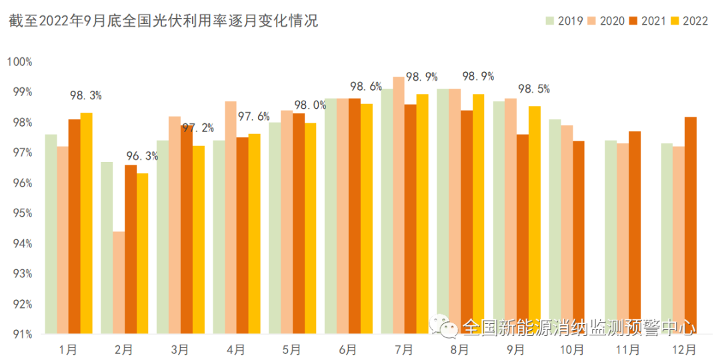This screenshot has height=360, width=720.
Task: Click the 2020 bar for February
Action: pyautogui.click(x=119, y=282)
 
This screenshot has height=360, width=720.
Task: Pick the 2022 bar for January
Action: pyautogui.click(x=86, y=223)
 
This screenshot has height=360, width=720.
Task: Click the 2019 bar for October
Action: pyautogui.click(x=555, y=227)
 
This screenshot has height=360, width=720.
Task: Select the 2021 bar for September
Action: pyautogui.click(x=523, y=234)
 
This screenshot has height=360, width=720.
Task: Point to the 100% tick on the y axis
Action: pyautogui.click(x=19, y=62)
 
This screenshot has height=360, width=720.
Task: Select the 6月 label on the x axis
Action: pyautogui.click(x=347, y=349)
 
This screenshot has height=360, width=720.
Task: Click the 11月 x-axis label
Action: pyautogui.click(x=628, y=349)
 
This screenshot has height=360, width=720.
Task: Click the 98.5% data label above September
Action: pyautogui.click(x=534, y=89)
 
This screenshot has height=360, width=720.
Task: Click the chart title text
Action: pyautogui.click(x=163, y=21)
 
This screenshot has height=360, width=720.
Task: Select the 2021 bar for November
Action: pyautogui.click(x=635, y=233)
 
